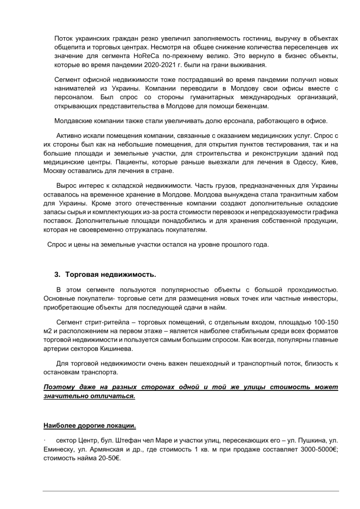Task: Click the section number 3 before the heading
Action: pyautogui.click(x=56, y=274)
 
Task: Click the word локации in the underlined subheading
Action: pyautogui.click(x=120, y=425)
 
